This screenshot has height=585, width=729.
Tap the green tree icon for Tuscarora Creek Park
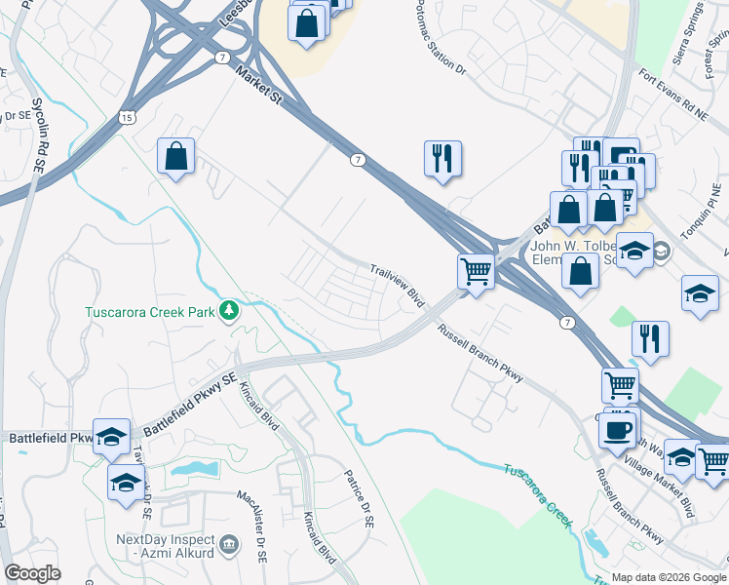pyautogui.click(x=229, y=311)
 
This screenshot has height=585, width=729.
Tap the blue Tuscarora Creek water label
pyautogui.click(x=537, y=494)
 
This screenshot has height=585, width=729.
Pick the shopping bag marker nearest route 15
pyautogui.click(x=176, y=156)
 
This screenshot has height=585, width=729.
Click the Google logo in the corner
pyautogui.click(x=32, y=573)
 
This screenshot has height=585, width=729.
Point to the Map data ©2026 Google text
pyautogui.click(x=669, y=577)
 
